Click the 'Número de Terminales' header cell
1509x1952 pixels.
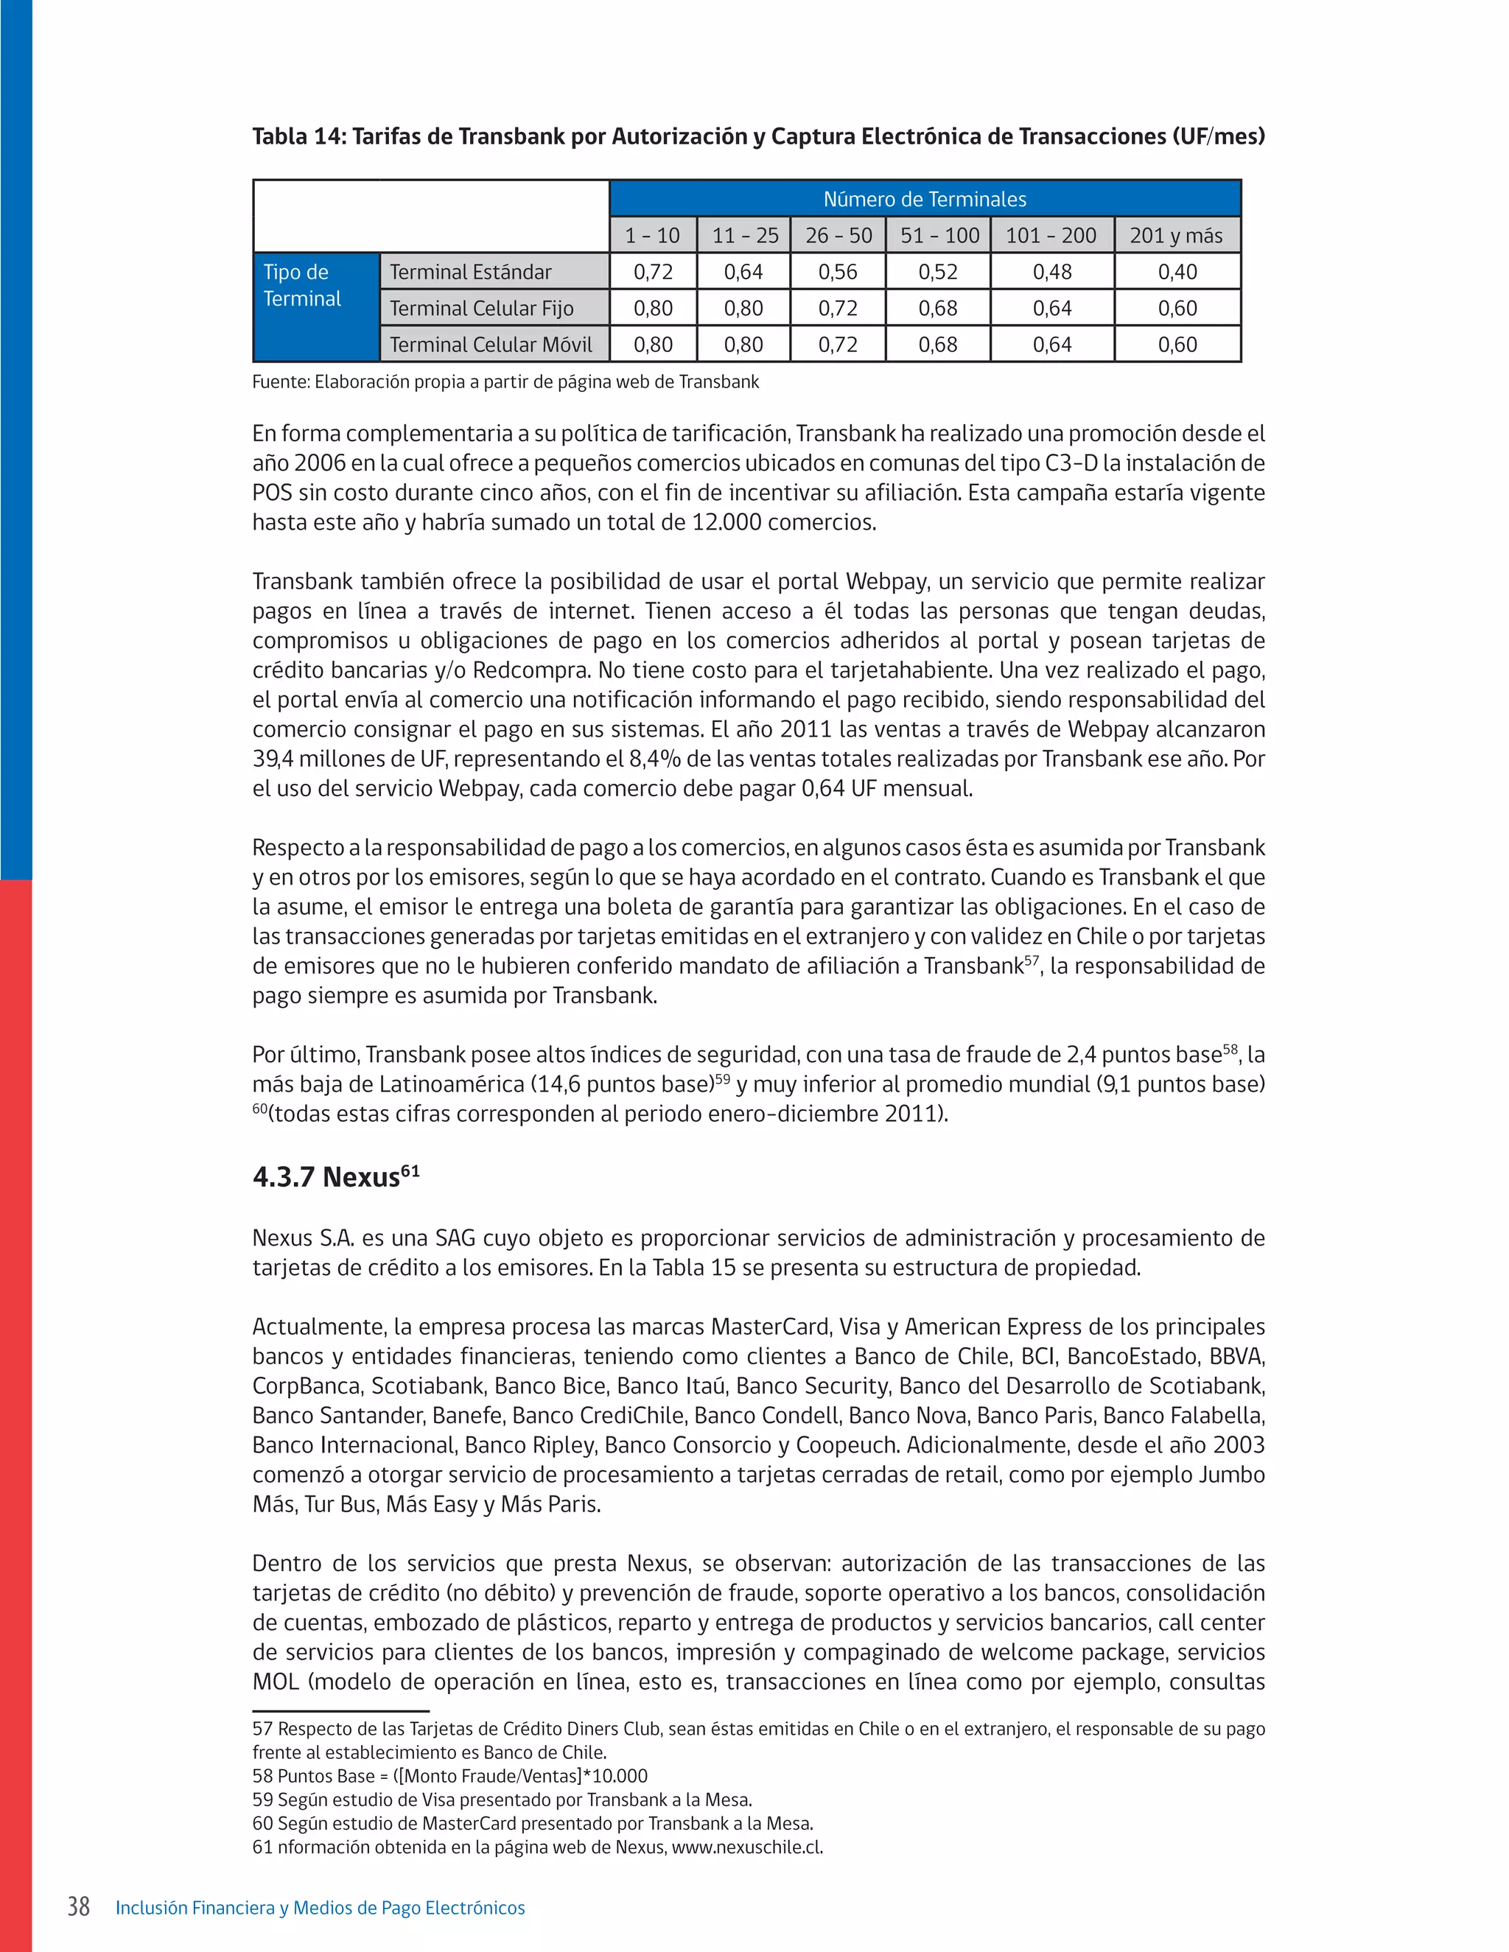(925, 198)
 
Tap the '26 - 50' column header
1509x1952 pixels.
(838, 235)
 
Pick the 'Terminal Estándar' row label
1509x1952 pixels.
(470, 272)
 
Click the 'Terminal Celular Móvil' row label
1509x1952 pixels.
(491, 344)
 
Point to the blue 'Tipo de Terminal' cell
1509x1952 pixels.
(302, 286)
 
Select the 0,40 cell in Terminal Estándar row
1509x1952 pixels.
(1177, 272)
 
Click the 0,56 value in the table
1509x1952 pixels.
(838, 272)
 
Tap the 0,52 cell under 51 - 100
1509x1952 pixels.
(937, 272)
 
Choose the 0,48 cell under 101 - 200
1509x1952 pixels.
(1051, 272)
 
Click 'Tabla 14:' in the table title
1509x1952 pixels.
(298, 137)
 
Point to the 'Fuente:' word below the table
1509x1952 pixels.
(280, 382)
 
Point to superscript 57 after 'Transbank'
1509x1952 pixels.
(1032, 959)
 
